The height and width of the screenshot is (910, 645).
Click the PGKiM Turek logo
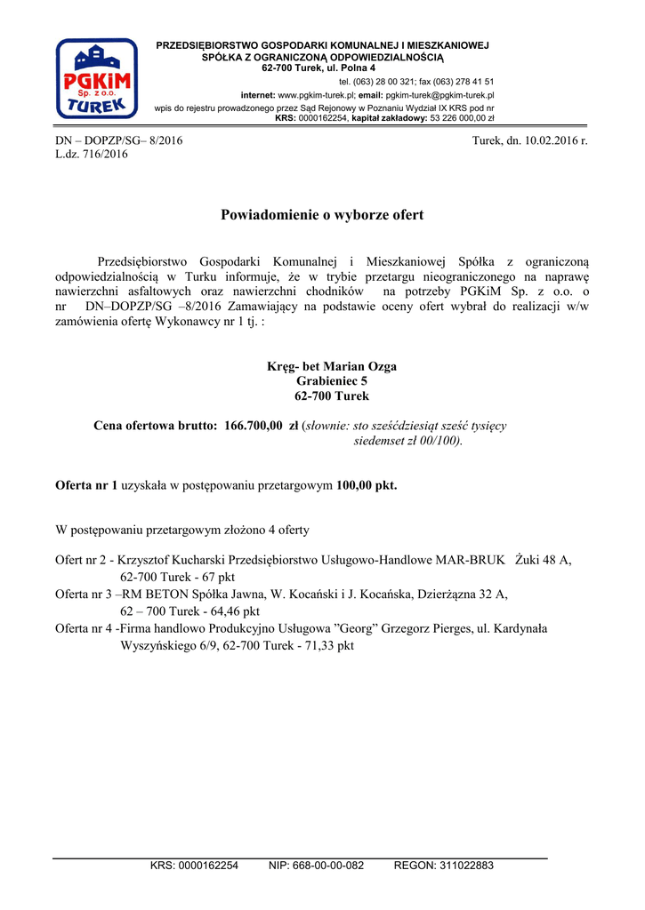96,78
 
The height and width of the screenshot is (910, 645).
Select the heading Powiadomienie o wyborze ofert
322,215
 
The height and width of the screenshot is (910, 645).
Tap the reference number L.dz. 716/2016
92,154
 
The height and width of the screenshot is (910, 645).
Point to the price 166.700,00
254,426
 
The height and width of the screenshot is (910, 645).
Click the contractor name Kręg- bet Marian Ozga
332,366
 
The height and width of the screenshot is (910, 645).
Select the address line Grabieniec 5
332,381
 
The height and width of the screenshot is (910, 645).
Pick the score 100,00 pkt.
367,485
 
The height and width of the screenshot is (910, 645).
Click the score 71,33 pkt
327,646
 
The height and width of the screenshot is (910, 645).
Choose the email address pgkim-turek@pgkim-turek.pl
439,94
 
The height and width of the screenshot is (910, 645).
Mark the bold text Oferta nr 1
86,485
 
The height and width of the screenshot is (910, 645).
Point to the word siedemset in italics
381,441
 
